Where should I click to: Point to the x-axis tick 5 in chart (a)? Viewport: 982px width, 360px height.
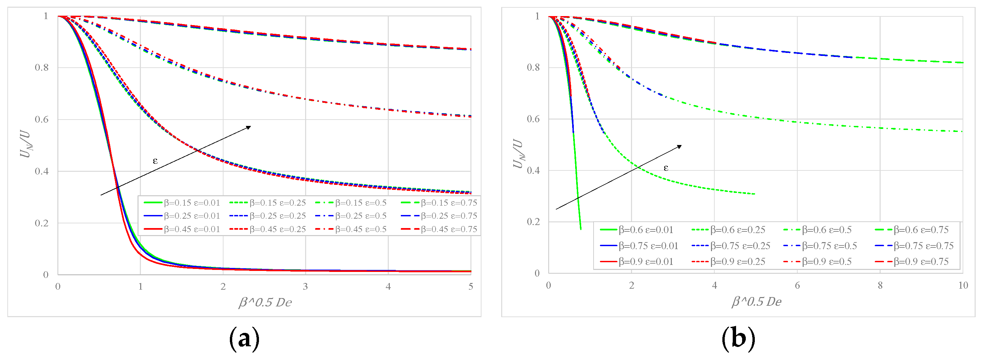coord(471,286)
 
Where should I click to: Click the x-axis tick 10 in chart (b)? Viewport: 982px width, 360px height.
coord(963,285)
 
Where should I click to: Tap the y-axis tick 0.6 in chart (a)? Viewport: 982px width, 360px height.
coord(41,119)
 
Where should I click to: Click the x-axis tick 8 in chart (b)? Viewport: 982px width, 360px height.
coord(880,285)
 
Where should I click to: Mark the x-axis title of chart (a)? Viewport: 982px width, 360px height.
coord(265,302)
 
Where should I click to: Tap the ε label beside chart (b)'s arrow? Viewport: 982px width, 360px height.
coord(665,168)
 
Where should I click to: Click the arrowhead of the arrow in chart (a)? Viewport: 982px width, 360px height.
coord(249,127)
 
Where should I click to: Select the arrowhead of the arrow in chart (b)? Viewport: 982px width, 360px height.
coord(679,146)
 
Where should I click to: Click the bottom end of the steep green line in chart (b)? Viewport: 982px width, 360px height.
coord(581,229)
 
